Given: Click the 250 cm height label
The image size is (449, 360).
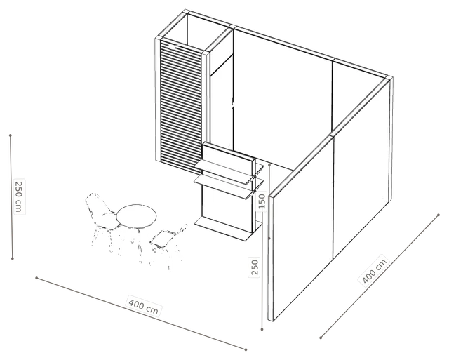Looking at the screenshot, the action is pos(19,196).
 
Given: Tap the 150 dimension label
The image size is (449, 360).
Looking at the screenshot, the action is pos(262,201).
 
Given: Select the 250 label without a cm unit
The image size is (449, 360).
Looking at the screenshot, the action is pos(255,267).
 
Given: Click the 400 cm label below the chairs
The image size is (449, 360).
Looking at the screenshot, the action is pos(144,307).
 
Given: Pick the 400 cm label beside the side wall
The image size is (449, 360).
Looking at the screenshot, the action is pos(374,270).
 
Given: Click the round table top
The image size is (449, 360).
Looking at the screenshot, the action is pos(137,215).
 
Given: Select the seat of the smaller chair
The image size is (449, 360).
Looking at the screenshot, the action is pos(161,238).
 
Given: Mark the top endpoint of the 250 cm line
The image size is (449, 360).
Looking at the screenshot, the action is pos(11,135).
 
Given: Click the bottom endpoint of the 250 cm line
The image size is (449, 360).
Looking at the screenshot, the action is pos(13,259).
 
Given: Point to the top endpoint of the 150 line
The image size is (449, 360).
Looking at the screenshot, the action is pos(269,165).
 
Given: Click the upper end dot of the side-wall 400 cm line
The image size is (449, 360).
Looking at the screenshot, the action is pos(438,215).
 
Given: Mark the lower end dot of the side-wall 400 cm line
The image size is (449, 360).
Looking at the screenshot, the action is pos(321,338).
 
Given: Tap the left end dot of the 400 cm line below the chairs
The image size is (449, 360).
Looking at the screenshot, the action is pos(36,278).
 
